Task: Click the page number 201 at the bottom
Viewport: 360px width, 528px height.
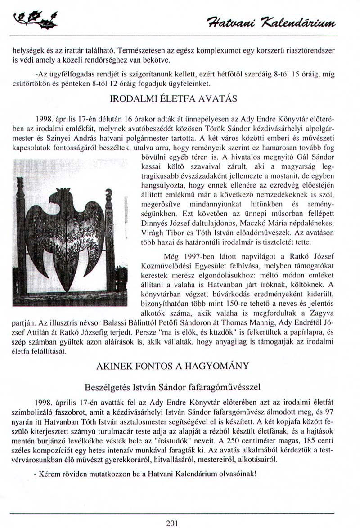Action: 172,522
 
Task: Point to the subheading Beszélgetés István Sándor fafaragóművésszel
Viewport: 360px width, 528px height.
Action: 172,386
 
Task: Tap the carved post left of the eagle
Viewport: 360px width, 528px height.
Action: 21,234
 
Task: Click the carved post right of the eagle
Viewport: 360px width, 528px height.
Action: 108,234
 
